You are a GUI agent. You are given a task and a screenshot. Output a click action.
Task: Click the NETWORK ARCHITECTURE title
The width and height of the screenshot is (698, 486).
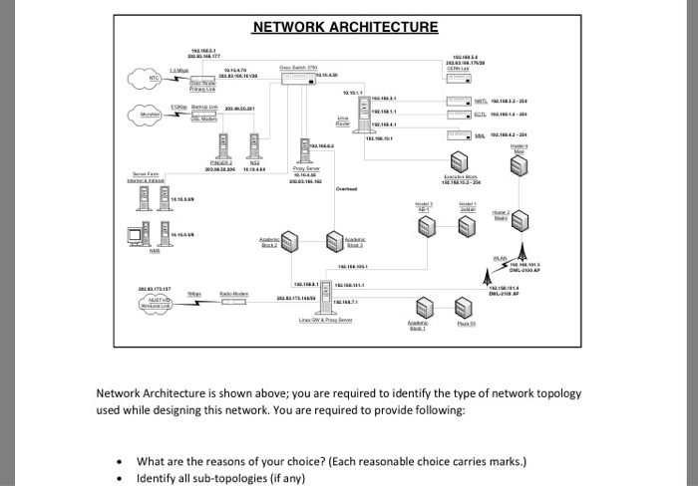tap(344, 27)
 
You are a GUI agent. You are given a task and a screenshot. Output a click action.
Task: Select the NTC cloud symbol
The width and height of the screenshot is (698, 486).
tap(141, 76)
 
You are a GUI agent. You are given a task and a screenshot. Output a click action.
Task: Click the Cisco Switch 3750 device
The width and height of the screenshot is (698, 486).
tap(296, 76)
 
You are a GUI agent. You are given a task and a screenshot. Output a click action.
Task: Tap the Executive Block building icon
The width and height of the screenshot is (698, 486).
tap(469, 157)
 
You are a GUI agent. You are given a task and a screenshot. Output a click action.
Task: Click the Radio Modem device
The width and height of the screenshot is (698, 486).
tap(231, 300)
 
